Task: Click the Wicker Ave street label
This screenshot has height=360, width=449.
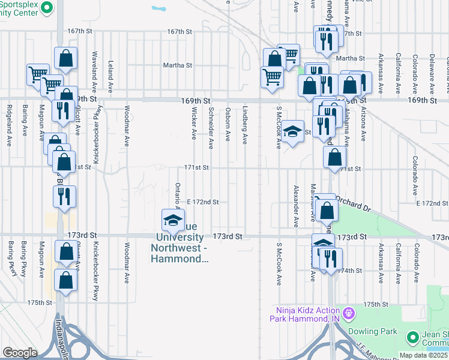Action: click(x=194, y=124)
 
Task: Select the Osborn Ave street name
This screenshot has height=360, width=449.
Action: click(x=228, y=125)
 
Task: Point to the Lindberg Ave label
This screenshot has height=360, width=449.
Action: click(x=245, y=126)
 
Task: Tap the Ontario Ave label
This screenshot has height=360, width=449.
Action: click(x=178, y=198)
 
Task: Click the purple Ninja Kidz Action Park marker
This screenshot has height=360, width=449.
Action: click(x=348, y=313)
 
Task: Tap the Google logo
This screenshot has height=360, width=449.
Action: click(x=20, y=353)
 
